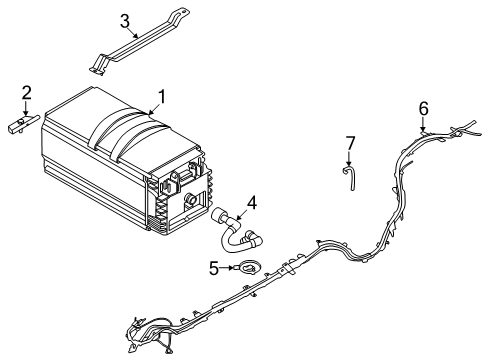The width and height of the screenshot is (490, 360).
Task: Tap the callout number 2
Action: click(x=27, y=93)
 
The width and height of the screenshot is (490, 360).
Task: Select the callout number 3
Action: click(x=125, y=21)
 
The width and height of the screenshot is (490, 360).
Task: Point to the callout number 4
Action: click(x=252, y=202)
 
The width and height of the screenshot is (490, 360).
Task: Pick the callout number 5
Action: click(x=213, y=267)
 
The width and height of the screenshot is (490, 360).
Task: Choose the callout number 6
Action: click(x=423, y=107)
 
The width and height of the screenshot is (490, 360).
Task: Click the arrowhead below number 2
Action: click(x=27, y=114)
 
